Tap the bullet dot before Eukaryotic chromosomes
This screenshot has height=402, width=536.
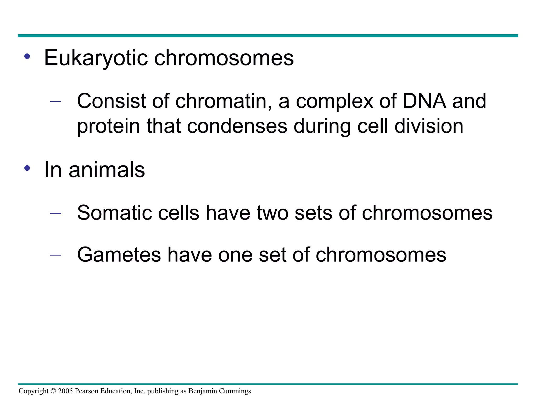pyautogui.click(x=27, y=56)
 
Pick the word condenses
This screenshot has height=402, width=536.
pyautogui.click(x=237, y=126)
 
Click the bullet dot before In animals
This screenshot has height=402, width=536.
pyautogui.click(x=27, y=168)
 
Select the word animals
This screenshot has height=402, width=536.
pyautogui.click(x=107, y=170)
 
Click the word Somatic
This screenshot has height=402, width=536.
pyautogui.click(x=114, y=213)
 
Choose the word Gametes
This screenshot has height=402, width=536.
pyautogui.click(x=119, y=255)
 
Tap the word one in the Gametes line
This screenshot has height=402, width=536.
pyautogui.click(x=235, y=255)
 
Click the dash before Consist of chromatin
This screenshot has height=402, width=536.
pyautogui.click(x=55, y=102)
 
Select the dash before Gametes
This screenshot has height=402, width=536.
pyautogui.click(x=55, y=255)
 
